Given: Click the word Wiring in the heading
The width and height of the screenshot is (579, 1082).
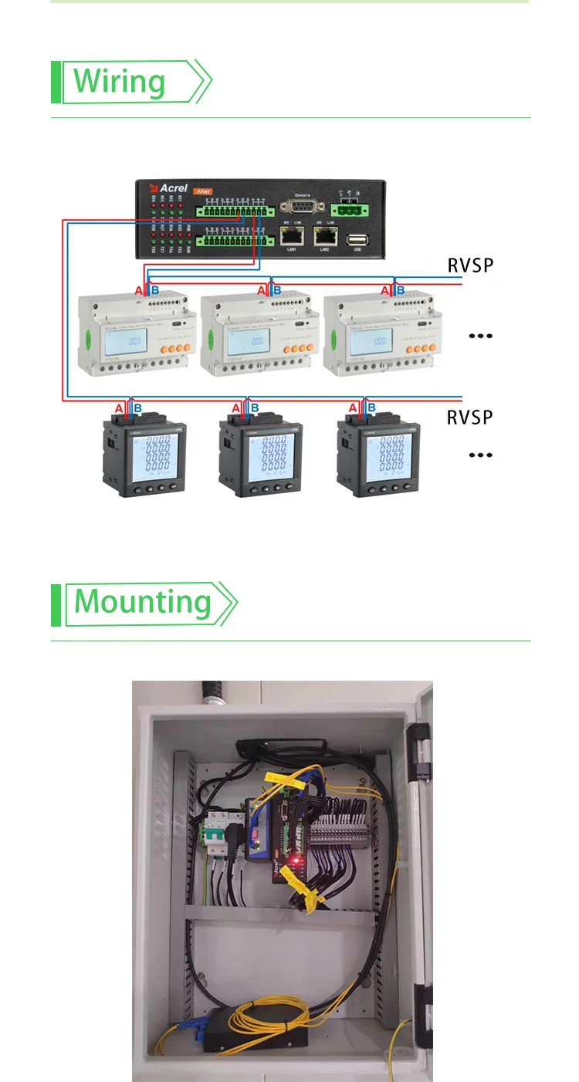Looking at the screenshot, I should click(x=120, y=82).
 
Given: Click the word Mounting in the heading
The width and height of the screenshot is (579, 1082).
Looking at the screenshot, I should click(x=143, y=602).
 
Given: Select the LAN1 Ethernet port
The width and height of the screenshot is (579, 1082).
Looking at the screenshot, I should click(x=292, y=235).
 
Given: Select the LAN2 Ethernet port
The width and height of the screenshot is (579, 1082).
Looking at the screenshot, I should click(x=325, y=235).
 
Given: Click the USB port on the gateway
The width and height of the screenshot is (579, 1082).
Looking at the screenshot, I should click(x=357, y=239).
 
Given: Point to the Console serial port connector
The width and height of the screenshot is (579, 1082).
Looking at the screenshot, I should click(x=302, y=206).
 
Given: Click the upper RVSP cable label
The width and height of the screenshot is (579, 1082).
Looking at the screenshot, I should click(x=470, y=266).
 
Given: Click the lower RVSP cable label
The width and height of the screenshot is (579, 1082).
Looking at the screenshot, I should click(x=470, y=418).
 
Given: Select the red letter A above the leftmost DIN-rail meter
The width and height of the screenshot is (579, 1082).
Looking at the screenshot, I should click(x=139, y=290).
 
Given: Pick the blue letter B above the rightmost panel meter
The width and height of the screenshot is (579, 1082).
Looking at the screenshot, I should click(x=371, y=407).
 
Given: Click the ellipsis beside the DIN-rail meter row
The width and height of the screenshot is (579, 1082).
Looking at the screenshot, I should click(x=481, y=336).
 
